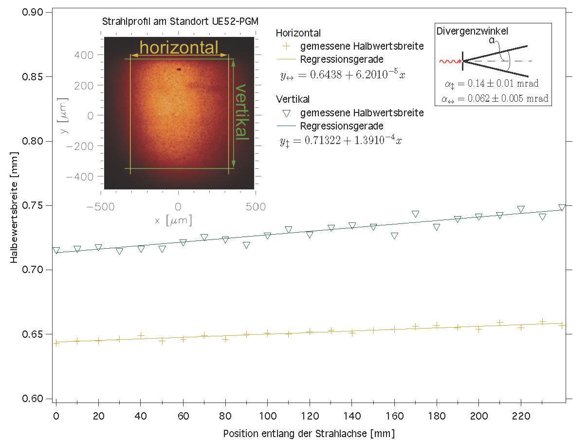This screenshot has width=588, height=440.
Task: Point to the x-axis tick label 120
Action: point(309,417)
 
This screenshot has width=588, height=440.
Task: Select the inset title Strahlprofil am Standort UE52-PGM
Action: point(180,21)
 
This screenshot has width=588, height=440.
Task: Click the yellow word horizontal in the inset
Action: point(179,48)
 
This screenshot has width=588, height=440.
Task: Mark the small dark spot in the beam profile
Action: point(179,69)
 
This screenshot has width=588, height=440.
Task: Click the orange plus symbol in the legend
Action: point(286,47)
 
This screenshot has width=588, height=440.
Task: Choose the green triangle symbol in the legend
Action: point(286,113)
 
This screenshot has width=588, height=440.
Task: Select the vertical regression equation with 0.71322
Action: point(341,141)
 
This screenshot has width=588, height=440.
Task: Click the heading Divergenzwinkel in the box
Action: point(472,31)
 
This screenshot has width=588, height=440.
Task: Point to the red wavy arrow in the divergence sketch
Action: point(450,61)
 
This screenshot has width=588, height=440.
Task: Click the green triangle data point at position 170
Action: point(415,214)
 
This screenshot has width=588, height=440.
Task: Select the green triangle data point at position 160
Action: point(394,236)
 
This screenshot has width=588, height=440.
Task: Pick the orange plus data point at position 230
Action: point(542,322)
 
